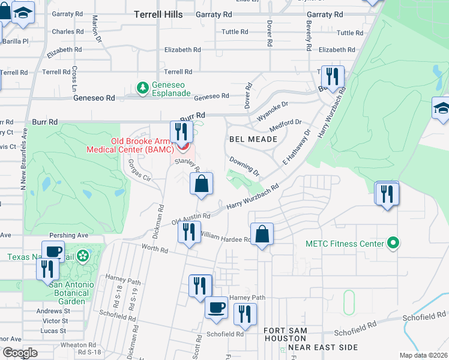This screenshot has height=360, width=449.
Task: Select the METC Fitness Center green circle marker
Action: point(393,244)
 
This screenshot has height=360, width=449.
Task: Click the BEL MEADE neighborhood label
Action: point(253,139)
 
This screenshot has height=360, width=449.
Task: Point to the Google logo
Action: point(19,353)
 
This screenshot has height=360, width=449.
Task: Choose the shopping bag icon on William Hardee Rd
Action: point(262,234)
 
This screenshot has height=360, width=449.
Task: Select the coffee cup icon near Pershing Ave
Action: point(53,251)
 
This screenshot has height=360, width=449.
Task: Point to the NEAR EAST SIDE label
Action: point(323,347)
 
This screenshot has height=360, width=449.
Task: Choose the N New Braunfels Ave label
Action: point(24,158)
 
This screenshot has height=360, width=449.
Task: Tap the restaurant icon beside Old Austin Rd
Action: point(190,233)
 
